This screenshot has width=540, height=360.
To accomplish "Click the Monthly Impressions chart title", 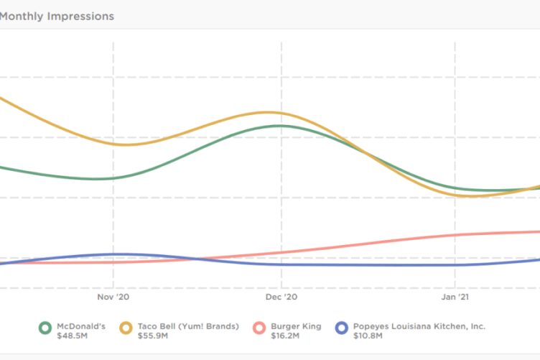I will pyautogui.click(x=57, y=17).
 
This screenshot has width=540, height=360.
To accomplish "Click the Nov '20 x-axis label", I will pyautogui.click(x=113, y=296).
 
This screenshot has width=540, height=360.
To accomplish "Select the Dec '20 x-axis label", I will pyautogui.click(x=281, y=296).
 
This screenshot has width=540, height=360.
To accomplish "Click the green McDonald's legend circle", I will pyautogui.click(x=45, y=328).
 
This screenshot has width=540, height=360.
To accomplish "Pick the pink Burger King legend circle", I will pyautogui.click(x=259, y=328).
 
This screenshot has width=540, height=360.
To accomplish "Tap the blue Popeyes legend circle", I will pyautogui.click(x=342, y=328).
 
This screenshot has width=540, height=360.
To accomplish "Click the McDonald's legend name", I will pyautogui.click(x=80, y=326).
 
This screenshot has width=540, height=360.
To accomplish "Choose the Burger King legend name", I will pyautogui.click(x=296, y=326).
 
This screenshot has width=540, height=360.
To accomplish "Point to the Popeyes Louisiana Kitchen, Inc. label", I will pyautogui.click(x=419, y=326).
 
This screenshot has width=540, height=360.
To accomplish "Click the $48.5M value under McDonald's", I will pyautogui.click(x=71, y=336).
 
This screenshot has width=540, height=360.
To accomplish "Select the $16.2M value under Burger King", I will pyautogui.click(x=285, y=336).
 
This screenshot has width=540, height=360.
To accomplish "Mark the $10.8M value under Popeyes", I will pyautogui.click(x=368, y=336).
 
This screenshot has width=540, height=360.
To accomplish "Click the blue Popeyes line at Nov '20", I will pyautogui.click(x=113, y=254).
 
